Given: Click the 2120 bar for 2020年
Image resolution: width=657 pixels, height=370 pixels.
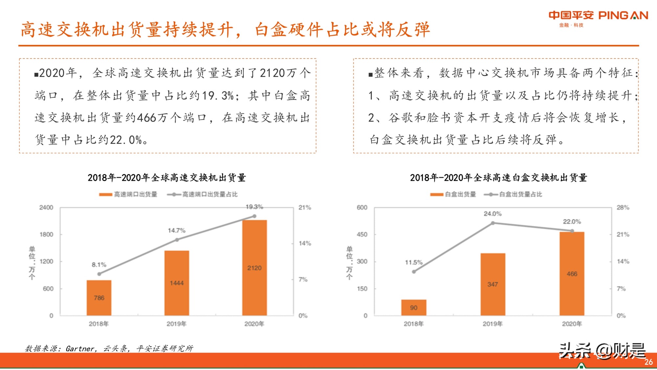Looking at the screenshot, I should [254, 268].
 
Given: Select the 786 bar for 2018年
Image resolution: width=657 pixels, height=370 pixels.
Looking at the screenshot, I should [99, 298].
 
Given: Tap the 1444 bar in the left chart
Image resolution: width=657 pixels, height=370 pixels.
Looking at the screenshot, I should [177, 283].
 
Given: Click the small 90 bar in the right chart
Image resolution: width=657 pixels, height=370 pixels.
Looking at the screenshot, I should [414, 308].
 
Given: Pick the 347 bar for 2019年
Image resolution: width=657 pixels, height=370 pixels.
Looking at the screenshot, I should [493, 284].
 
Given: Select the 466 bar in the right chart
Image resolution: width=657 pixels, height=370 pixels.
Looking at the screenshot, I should [572, 273].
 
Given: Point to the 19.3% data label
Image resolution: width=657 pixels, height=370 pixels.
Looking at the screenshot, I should [254, 207].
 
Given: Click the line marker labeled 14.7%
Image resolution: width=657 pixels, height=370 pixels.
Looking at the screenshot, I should [177, 240].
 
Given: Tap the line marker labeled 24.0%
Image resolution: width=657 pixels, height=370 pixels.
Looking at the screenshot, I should [493, 223].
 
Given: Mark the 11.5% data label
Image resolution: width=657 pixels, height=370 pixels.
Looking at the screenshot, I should [414, 262].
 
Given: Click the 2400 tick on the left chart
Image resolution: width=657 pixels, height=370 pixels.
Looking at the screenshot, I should [46, 208].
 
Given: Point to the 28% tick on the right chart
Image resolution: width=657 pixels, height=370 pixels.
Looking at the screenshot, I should [623, 208].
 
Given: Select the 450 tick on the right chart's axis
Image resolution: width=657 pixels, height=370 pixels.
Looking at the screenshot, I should [362, 234].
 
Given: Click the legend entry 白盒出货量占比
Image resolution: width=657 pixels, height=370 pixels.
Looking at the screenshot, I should [520, 194].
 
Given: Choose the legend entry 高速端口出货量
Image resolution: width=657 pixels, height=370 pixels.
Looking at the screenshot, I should [135, 194].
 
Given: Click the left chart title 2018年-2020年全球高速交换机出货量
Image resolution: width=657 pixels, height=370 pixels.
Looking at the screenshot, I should [167, 178].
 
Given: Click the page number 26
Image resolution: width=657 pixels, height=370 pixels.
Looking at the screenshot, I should [648, 362].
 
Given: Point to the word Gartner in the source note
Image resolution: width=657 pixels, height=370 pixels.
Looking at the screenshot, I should [80, 349].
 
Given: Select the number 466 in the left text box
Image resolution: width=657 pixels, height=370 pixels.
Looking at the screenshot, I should [147, 118].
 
